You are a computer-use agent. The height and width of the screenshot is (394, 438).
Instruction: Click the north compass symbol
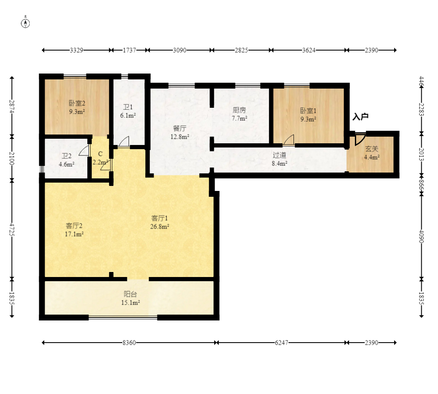pos(25,23)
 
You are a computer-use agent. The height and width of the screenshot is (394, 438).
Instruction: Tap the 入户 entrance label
pos(360,117)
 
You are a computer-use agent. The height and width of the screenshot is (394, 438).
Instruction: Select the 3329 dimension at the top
pos(76,50)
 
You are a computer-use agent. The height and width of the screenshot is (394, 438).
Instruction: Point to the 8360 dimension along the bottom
pos(129,343)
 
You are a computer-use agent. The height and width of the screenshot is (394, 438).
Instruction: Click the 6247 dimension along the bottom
pos(281,343)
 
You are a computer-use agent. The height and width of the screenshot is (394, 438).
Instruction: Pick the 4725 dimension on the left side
pos(12,229)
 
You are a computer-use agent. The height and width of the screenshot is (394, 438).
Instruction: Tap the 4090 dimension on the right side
pos(422,236)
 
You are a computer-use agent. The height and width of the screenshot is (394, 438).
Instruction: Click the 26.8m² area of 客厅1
pos(160,226)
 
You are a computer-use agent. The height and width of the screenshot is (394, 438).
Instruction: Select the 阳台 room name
pos(130,294)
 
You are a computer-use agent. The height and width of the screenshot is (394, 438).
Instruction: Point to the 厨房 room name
pos(239,110)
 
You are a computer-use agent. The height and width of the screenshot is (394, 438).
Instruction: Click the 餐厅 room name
pos(180,129)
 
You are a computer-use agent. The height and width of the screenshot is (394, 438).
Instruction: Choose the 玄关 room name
pos(372,149)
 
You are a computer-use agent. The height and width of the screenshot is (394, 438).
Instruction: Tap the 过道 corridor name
pos(280,155)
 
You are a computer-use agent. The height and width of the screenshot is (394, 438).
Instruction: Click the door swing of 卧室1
pos(289,140)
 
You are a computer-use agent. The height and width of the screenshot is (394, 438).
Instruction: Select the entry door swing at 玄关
pos(360,139)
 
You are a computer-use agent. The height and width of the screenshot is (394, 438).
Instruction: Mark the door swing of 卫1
pos(124,141)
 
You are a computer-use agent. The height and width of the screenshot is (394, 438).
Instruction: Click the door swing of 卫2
pos(84,150)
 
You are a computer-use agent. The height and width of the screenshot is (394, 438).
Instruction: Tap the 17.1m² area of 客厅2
pos(74,234)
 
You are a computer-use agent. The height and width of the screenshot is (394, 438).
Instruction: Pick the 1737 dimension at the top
pos(129,50)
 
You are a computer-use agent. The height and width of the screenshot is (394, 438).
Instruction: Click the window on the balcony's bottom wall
pos(123,318)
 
